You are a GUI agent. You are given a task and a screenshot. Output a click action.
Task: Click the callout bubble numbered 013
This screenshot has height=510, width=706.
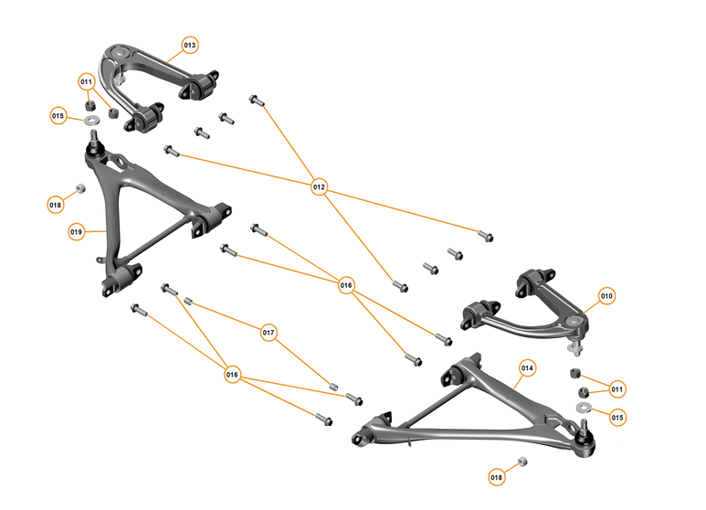(190, 45)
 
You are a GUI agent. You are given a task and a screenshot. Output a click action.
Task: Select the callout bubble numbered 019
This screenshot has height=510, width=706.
(77, 232)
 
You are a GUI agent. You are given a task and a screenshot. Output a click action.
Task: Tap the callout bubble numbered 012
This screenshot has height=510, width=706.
(319, 187)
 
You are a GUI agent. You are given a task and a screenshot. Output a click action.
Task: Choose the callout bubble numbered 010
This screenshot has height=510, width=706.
(607, 295)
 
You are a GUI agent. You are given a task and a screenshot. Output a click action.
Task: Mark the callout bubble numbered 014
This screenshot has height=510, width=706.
(527, 367)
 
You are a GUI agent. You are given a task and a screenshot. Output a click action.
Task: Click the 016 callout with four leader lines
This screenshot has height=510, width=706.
(346, 284)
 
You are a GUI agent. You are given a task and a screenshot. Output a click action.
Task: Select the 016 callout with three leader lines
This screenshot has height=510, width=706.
(233, 375)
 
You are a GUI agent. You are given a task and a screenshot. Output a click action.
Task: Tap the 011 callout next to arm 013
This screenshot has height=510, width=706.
(87, 81)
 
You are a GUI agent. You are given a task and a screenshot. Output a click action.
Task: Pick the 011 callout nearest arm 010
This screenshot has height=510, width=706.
(617, 389)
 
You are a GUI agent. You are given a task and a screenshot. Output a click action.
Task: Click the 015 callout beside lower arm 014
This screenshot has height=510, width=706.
(617, 417)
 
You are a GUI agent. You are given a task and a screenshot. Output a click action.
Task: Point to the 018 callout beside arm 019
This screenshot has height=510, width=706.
(56, 205)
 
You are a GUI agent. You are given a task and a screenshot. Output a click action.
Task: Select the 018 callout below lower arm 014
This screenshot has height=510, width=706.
(496, 477)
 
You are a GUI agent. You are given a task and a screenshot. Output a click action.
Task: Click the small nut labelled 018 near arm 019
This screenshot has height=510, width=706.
(79, 189)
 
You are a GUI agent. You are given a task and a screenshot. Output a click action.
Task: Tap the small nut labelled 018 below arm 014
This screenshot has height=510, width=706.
(521, 462)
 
